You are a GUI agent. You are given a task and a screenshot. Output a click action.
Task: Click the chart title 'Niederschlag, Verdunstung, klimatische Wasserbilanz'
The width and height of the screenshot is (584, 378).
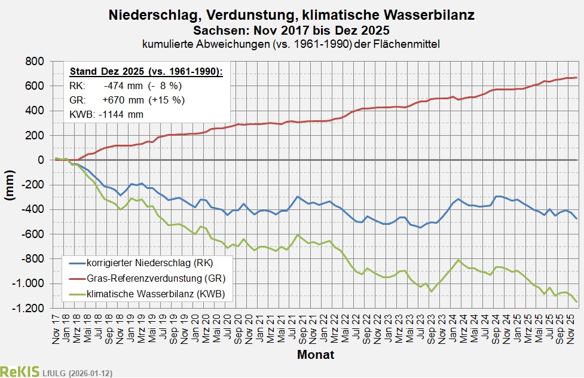point(291,15)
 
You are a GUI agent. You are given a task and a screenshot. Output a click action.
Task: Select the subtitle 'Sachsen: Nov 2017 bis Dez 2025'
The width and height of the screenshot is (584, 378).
point(291,29)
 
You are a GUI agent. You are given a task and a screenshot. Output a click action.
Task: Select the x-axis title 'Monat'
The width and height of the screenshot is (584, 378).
point(316,355)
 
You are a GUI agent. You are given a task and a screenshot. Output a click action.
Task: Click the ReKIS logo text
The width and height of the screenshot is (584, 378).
point(20,371)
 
